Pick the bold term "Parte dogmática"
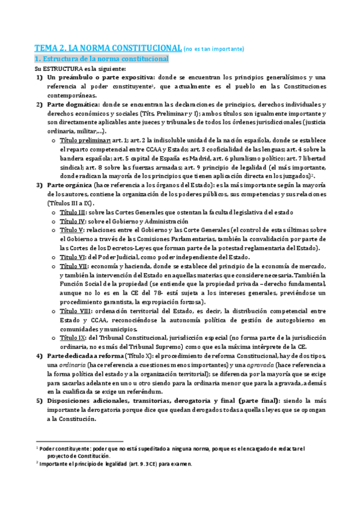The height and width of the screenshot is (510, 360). pyautogui.click(x=70, y=105)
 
